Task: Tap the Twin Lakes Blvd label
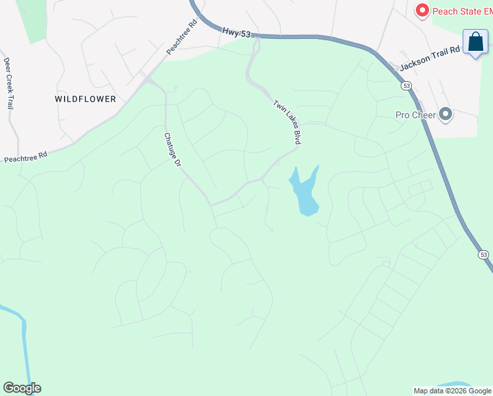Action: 287,122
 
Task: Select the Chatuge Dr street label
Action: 172,150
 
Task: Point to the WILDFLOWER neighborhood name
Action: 85,99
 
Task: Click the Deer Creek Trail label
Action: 9,83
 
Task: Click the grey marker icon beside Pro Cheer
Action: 446,115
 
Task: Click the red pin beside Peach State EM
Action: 422,10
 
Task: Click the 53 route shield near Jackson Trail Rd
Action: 407,86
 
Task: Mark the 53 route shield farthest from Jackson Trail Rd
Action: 483,254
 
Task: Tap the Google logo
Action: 22,388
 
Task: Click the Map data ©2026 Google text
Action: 452,391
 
